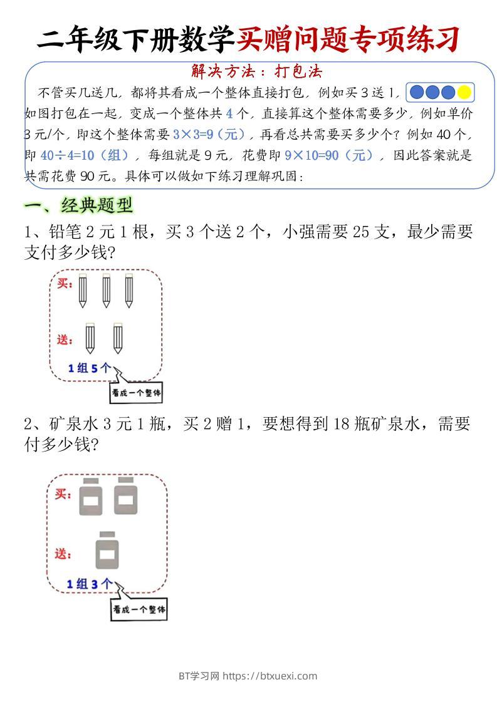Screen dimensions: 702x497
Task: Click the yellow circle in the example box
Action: coord(464,93)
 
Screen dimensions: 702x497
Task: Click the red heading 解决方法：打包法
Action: coord(256,72)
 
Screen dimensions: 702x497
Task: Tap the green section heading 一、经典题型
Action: coord(78,205)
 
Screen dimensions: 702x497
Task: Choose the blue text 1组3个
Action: coord(90,584)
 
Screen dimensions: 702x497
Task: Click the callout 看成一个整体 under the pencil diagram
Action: coord(136,393)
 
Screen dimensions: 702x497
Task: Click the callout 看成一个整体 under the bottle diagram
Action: coord(139,609)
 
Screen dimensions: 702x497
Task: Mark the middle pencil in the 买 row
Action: coord(105,291)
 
